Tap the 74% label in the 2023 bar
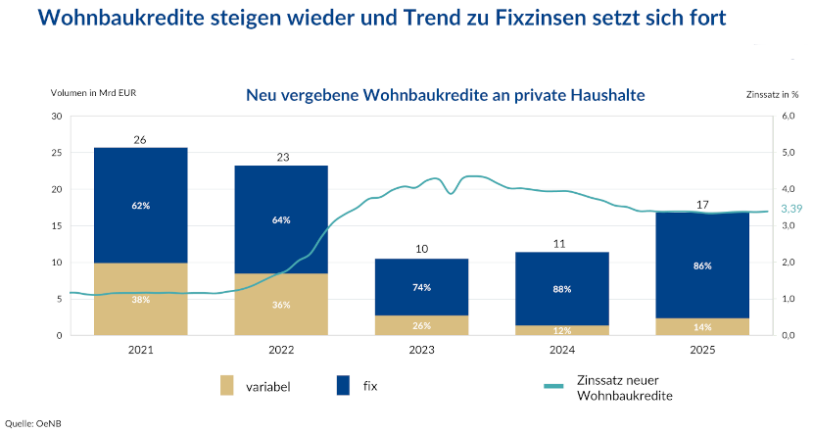[421, 287]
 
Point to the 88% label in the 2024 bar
[562, 289]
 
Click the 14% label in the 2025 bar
[702, 326]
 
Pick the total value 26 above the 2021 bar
[140, 140]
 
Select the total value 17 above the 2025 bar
[702, 205]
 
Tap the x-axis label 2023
[421, 348]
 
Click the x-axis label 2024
[562, 348]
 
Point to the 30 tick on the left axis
[56, 117]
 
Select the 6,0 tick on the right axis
[788, 117]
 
